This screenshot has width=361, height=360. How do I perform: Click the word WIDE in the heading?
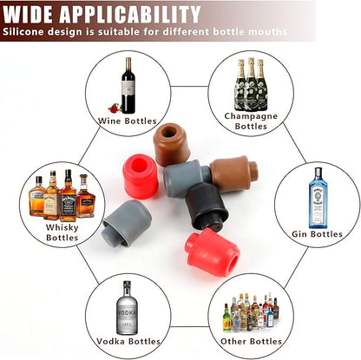tap(29, 14)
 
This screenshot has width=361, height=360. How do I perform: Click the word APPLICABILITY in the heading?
tap(130, 14)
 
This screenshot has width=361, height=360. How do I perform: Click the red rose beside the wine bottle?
tap(115, 108)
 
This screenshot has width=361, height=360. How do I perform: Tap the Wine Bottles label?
tap(128, 121)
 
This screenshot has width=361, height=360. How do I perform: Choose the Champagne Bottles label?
tap(251, 121)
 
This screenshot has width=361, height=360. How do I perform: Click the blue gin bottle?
tap(318, 198)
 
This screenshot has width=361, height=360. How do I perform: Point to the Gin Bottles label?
tap(317, 233)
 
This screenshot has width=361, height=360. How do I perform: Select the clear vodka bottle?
tap(127, 308)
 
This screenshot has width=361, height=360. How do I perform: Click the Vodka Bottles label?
tap(128, 341)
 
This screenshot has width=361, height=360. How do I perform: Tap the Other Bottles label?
tap(251, 341)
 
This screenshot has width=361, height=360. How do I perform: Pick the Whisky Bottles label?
tap(62, 232)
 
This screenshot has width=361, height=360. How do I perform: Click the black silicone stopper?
tap(207, 206)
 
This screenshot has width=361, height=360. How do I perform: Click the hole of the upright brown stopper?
tap(168, 132)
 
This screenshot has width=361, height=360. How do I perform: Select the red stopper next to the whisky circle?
tap(141, 176)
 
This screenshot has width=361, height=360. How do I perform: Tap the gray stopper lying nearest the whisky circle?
tap(128, 222)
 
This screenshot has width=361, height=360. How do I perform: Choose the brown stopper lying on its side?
tap(233, 173)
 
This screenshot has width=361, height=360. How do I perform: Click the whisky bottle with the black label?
tap(69, 196)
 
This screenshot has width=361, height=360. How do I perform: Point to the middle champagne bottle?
tap(251, 84)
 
